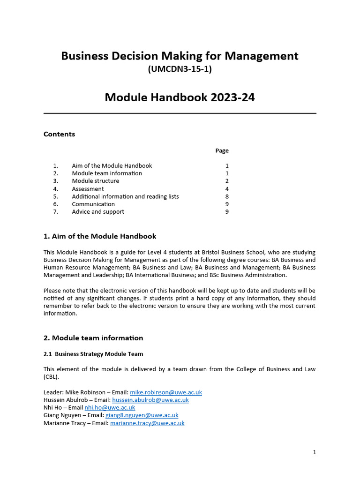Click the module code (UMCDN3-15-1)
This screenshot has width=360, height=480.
(x=180, y=69)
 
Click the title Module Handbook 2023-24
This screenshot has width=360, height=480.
(x=180, y=97)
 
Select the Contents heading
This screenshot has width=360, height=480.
(x=59, y=134)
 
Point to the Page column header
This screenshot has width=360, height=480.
(x=222, y=150)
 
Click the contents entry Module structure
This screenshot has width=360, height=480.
(x=95, y=181)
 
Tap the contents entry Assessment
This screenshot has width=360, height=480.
(x=88, y=189)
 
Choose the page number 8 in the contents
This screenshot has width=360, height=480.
(x=227, y=196)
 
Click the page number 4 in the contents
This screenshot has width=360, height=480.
(x=227, y=189)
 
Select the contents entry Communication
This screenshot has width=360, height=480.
(x=93, y=204)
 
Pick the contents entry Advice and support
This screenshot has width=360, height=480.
(x=98, y=212)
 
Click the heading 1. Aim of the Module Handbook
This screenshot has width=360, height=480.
(x=100, y=236)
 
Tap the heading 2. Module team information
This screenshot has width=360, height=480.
(x=93, y=338)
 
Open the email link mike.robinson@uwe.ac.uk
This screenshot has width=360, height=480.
(x=165, y=392)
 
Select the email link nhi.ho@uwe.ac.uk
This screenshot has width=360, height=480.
(x=110, y=408)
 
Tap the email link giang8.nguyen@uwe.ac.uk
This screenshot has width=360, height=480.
(x=142, y=415)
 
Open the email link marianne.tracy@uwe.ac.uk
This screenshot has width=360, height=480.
(x=147, y=423)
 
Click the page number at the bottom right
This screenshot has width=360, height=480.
(x=315, y=452)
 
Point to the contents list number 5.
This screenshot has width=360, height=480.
(x=55, y=196)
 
